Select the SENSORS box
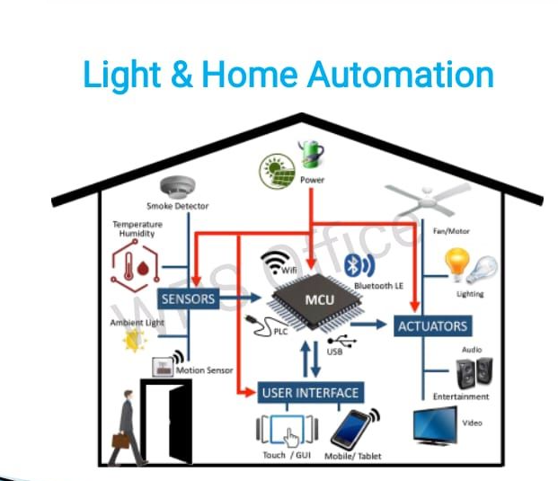click(188, 298)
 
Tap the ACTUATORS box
click(431, 325)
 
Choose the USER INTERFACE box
click(311, 392)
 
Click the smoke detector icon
click(178, 188)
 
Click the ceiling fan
click(422, 197)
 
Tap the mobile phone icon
click(351, 430)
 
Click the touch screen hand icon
click(289, 432)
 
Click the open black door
click(168, 420)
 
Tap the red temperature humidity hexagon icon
click(131, 267)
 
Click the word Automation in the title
click(401, 74)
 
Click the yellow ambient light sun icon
click(135, 339)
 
